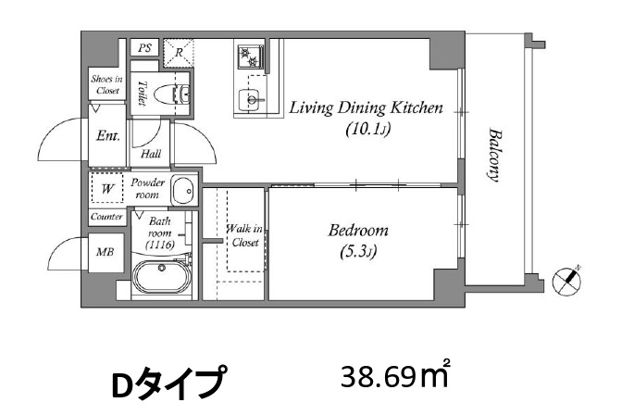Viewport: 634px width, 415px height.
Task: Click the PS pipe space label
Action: (x=144, y=48)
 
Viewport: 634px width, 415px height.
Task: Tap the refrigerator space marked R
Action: (x=179, y=52)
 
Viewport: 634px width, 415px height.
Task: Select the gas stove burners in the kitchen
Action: (x=250, y=57)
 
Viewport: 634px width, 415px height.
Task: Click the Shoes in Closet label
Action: (x=106, y=84)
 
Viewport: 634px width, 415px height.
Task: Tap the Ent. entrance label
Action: (x=108, y=135)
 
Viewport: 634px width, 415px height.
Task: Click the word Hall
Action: (x=151, y=154)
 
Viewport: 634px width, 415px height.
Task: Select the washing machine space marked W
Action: (x=107, y=188)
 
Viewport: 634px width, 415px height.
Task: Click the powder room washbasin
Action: (x=184, y=190)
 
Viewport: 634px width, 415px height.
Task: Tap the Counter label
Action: (x=106, y=217)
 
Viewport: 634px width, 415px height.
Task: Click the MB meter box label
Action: (x=106, y=252)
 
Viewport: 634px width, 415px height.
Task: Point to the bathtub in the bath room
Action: (x=162, y=277)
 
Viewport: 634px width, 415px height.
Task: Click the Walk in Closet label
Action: (x=244, y=235)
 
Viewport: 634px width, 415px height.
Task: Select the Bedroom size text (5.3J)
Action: (x=358, y=252)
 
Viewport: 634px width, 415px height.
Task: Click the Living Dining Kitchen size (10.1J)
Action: (x=367, y=130)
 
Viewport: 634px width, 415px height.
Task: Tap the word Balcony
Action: (x=493, y=155)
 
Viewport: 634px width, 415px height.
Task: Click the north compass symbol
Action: (x=566, y=280)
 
